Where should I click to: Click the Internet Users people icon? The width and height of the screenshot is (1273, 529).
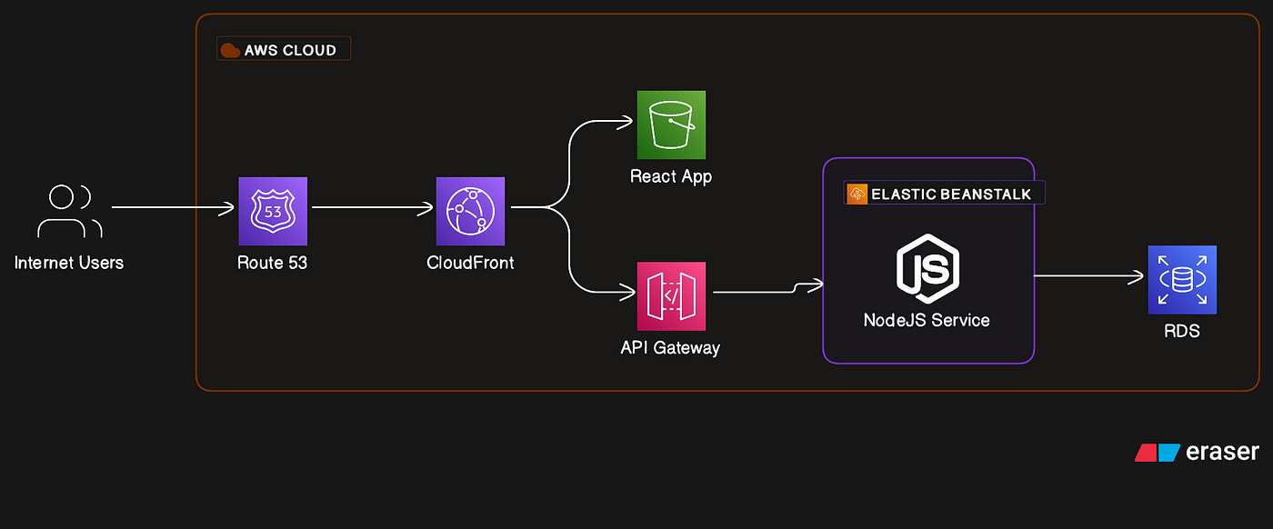(x=69, y=211)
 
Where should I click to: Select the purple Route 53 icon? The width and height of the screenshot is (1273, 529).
(x=273, y=212)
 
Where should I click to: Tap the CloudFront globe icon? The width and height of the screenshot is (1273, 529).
(x=471, y=212)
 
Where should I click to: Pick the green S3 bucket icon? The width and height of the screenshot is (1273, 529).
(x=671, y=125)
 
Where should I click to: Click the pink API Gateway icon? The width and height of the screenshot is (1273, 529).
(x=671, y=296)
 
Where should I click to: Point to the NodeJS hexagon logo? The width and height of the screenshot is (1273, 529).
(x=928, y=268)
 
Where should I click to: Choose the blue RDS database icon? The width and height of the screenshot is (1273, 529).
(x=1182, y=280)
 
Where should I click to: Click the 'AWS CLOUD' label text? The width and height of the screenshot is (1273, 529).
(x=290, y=50)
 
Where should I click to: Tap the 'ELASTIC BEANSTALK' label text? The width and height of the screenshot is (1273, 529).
(x=951, y=195)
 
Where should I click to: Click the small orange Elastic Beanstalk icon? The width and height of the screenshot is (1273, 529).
(x=857, y=194)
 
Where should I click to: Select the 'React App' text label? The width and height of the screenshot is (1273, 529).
(x=671, y=176)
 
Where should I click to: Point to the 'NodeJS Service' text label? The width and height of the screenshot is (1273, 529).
(x=927, y=320)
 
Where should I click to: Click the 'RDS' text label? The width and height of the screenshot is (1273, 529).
(x=1182, y=331)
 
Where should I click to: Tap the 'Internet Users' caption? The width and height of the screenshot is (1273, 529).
(x=69, y=263)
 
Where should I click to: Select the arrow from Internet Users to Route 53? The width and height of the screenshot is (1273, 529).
(x=173, y=208)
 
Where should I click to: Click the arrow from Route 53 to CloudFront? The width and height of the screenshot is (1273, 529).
(x=373, y=208)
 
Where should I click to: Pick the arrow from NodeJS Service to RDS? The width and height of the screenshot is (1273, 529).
(x=1089, y=276)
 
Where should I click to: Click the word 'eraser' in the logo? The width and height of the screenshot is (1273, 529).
(x=1222, y=452)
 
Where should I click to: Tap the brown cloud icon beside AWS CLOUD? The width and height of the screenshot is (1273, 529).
(x=230, y=50)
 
